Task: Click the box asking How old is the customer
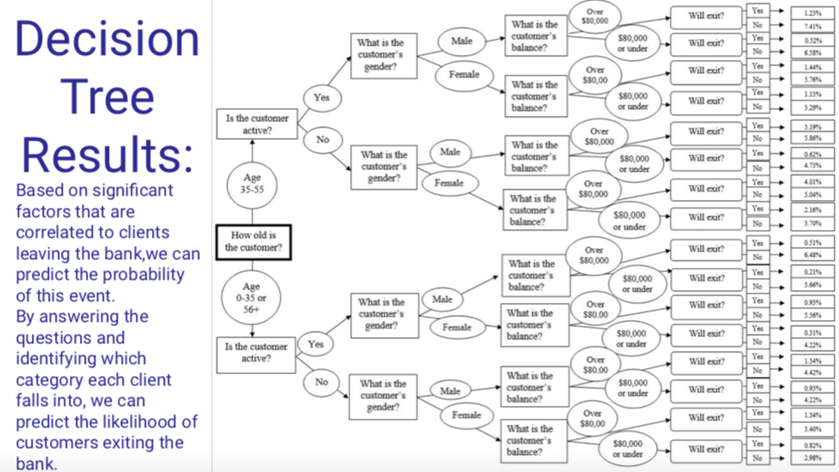pyautogui.click(x=253, y=241)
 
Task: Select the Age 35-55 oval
pyautogui.click(x=252, y=184)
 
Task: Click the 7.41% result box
pyautogui.click(x=808, y=26)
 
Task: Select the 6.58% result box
pyautogui.click(x=808, y=52)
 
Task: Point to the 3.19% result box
pyautogui.click(x=808, y=125)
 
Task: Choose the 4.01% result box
pyautogui.click(x=808, y=181)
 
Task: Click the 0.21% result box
pyautogui.click(x=808, y=272)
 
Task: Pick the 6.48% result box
pyautogui.click(x=808, y=255)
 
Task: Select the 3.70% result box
pyautogui.click(x=808, y=223)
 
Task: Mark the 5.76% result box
pyautogui.click(x=808, y=80)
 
